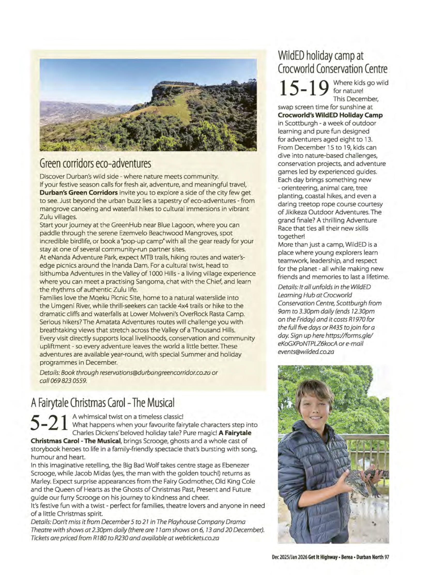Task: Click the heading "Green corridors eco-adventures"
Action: coord(95,163)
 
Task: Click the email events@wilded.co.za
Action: coord(306,352)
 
